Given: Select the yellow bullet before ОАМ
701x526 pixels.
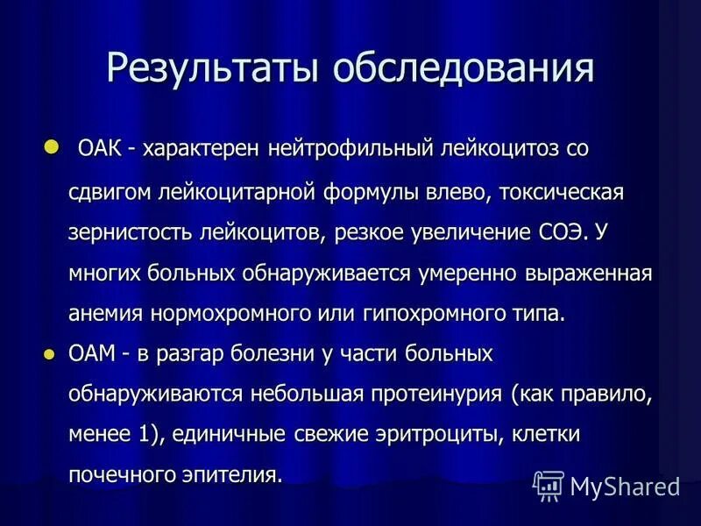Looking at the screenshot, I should click(49, 354).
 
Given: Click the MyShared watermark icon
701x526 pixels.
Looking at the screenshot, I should click(549, 485).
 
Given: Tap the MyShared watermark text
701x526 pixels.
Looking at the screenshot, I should click(625, 485).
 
